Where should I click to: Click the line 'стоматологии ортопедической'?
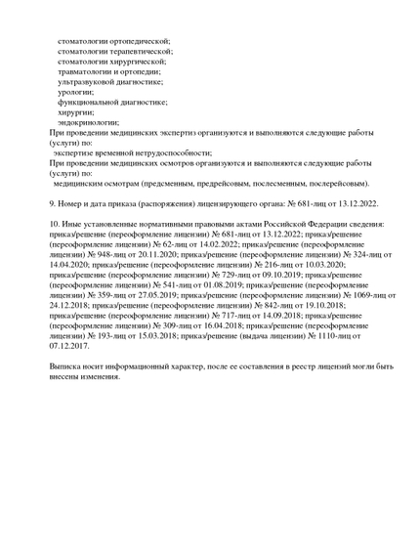tap(113, 41)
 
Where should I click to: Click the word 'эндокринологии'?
tap(88, 122)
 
